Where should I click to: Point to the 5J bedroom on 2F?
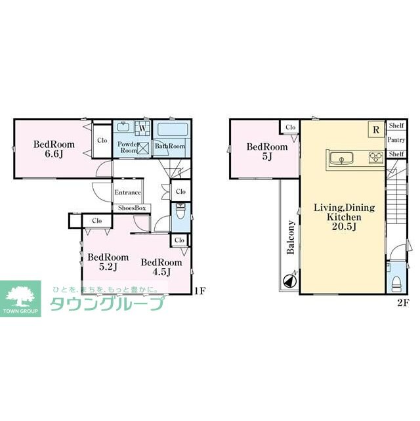(266, 152)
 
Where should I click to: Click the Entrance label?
(127, 192)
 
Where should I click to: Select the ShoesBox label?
(132, 208)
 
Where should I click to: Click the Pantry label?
(396, 140)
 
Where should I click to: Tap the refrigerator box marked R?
(375, 129)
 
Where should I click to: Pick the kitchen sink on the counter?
(342, 157)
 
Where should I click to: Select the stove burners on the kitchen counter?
(376, 157)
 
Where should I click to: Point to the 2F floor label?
(402, 303)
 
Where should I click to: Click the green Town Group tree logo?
(20, 296)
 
